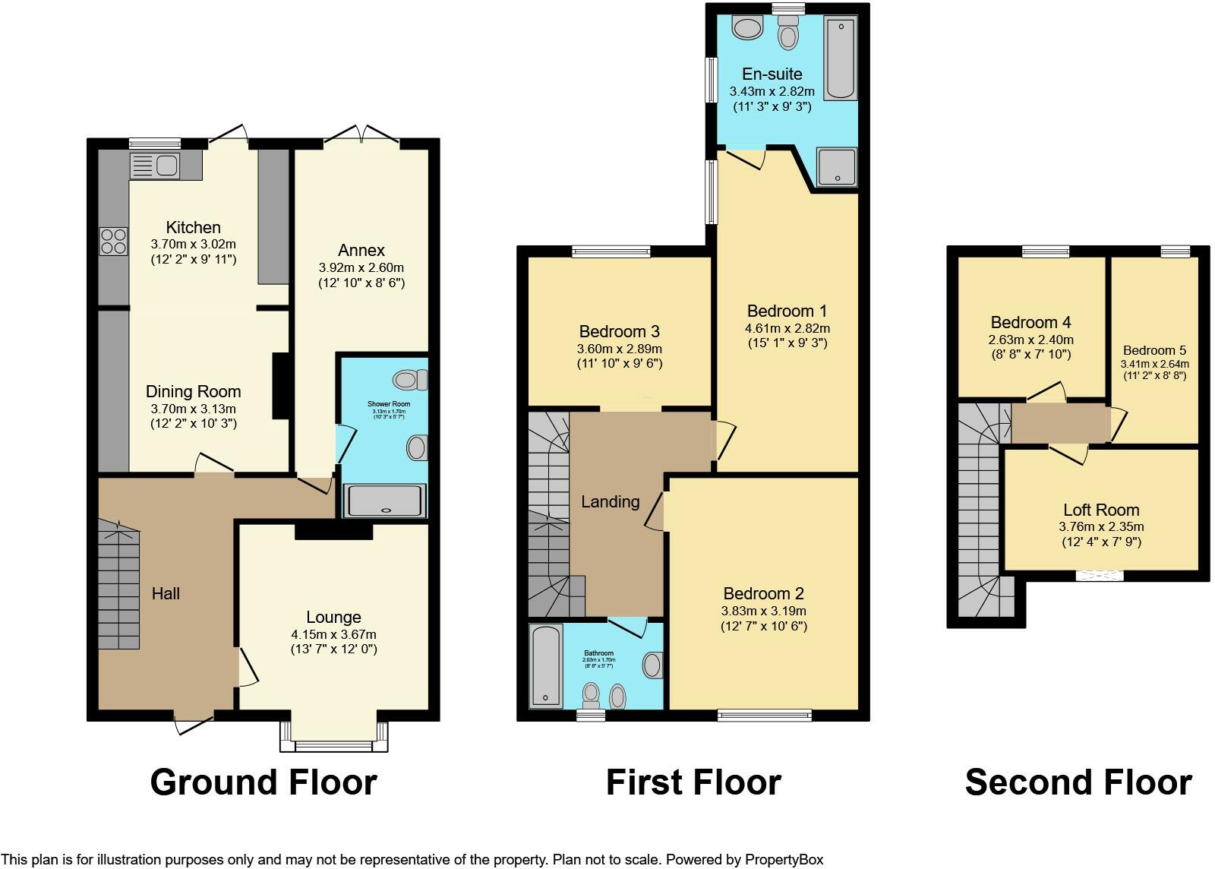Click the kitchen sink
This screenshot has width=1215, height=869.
(154, 165)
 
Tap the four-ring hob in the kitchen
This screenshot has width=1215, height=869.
(113, 242)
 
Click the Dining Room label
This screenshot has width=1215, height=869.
(193, 392)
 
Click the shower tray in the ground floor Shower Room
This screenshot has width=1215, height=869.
(385, 501)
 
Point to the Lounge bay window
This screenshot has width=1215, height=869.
(334, 745)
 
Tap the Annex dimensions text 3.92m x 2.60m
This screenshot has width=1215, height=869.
(361, 267)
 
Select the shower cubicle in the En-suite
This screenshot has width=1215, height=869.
(837, 166)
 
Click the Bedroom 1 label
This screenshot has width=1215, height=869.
(787, 311)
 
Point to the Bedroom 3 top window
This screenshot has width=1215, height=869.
(611, 251)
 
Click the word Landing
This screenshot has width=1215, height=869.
(611, 501)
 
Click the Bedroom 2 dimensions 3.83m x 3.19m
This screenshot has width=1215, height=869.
(763, 611)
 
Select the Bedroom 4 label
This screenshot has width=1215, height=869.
(1030, 322)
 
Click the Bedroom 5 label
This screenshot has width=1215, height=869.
(1154, 350)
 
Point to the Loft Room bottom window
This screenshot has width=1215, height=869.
(1099, 576)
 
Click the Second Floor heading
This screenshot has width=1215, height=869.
(1078, 782)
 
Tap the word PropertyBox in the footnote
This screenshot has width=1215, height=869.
(784, 860)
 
